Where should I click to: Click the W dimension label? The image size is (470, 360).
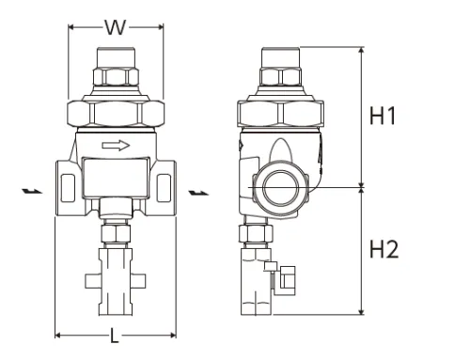click(115, 27)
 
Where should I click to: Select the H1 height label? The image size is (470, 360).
click(384, 117)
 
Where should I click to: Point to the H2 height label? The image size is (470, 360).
click(384, 250)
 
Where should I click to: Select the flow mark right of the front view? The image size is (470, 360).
click(197, 193)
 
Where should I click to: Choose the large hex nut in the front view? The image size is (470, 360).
click(115, 114)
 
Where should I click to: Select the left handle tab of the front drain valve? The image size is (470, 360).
click(90, 279)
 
